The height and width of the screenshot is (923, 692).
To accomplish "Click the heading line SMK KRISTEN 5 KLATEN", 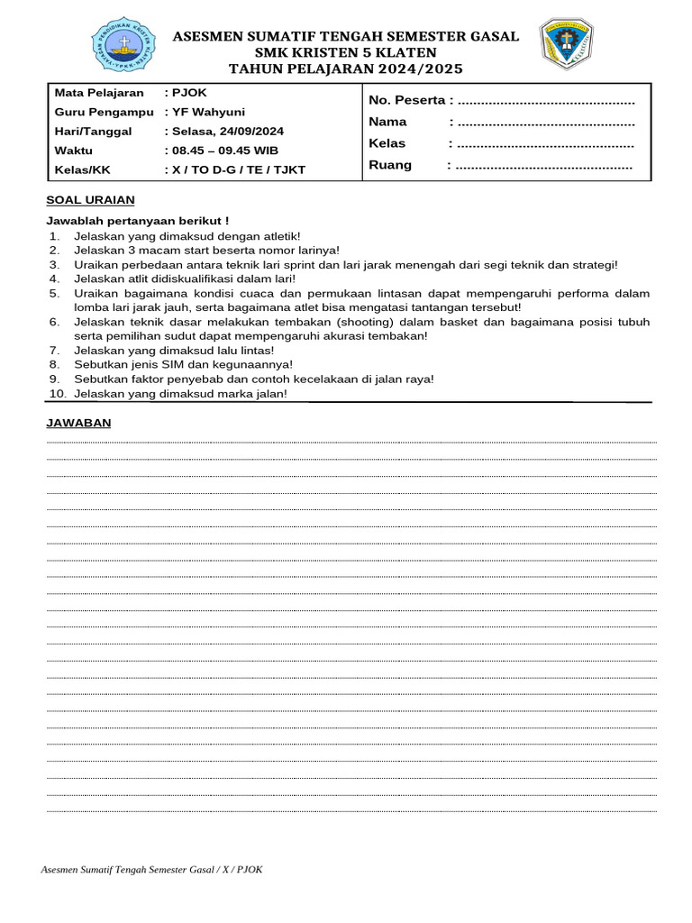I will (346, 52).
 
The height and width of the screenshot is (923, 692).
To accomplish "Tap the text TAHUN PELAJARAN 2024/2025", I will (346, 69).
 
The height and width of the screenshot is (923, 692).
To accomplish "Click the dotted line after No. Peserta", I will (547, 100).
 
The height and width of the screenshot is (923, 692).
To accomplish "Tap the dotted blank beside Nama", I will (546, 122).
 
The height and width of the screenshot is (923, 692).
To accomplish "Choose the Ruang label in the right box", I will (390, 165).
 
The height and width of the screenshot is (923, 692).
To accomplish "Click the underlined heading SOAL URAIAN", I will (90, 200).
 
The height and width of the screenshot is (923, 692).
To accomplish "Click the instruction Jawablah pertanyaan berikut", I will (137, 221).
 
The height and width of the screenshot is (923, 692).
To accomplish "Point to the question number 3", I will (54, 264).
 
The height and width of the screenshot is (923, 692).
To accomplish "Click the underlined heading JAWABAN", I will (78, 424).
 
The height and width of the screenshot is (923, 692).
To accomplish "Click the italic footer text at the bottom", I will (152, 869).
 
